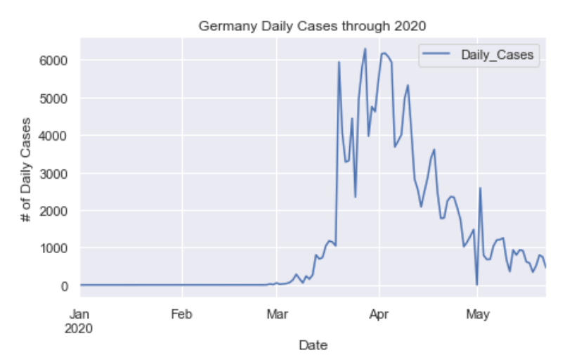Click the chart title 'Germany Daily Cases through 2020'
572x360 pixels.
pos(313,26)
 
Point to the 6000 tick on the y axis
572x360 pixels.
pos(53,60)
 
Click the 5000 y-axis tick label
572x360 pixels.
pos(53,98)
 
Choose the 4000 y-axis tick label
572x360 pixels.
pos(53,136)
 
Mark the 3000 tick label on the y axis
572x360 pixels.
pos(53,173)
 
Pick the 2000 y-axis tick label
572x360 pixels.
pos(53,211)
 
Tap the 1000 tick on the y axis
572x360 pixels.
pos(53,248)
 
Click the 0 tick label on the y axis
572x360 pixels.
pos(63,286)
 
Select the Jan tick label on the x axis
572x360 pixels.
pos(80,314)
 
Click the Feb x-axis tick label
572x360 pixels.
pos(182,314)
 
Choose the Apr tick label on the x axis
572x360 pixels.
pos(379,314)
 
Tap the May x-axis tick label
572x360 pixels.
pos(477,314)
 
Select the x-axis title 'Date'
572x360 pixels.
pos(313,345)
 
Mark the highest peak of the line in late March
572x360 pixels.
pos(365,49)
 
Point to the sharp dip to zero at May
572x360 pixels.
pos(476,284)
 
